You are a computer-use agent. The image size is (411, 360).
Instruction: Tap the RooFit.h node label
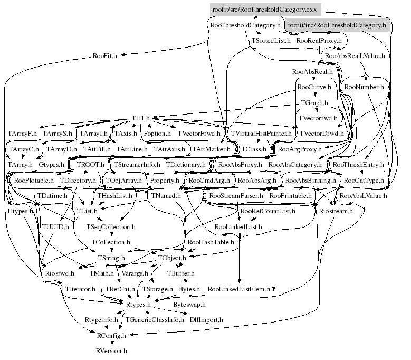(x=105, y=55)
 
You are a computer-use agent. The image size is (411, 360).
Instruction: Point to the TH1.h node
(x=141, y=119)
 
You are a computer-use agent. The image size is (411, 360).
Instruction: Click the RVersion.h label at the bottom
(x=111, y=350)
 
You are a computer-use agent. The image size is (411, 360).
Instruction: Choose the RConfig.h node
(x=111, y=335)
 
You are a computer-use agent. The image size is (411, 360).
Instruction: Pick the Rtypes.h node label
(x=139, y=305)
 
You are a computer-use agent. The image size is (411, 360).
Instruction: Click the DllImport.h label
(x=206, y=320)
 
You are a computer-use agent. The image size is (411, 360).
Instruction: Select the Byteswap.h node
(x=189, y=305)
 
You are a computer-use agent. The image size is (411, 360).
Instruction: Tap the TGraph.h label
(x=314, y=102)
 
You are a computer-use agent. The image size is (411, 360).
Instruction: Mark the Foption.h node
(x=157, y=134)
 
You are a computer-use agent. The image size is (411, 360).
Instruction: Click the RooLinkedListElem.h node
(x=239, y=289)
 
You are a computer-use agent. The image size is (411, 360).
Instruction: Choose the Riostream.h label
(x=336, y=211)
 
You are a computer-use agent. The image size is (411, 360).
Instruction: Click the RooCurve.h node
(x=314, y=87)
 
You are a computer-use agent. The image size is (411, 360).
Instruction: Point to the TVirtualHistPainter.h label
(x=261, y=134)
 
